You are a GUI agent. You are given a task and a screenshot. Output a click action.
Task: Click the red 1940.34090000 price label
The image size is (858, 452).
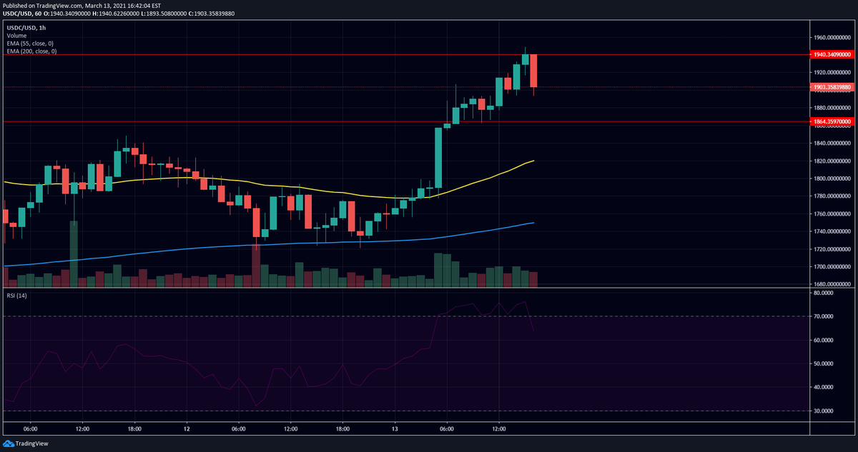coord(832,55)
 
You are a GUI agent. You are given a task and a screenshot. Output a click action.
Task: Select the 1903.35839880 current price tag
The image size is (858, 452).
coord(832,87)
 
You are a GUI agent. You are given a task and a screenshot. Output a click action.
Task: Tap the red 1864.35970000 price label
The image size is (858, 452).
coord(832,121)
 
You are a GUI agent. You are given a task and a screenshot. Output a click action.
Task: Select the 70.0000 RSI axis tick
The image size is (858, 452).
coord(831,316)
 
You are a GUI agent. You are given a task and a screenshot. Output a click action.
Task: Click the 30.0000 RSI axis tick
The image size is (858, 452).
coord(831,411)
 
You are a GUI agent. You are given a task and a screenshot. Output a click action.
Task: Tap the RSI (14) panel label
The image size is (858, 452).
coord(17,296)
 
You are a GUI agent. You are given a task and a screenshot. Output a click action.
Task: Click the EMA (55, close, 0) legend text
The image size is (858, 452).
coord(30,44)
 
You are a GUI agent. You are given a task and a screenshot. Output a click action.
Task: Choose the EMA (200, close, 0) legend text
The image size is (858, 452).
coord(31,51)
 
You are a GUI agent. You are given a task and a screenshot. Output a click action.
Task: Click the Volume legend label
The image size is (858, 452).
coord(16,36)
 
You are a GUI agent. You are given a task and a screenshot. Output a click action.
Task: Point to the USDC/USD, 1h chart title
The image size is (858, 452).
coord(26,28)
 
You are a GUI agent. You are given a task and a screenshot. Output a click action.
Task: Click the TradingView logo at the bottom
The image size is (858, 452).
coord(26,443)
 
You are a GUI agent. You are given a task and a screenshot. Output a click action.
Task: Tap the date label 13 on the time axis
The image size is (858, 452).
coord(395,429)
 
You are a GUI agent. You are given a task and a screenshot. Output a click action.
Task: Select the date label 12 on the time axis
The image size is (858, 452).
coord(187,429)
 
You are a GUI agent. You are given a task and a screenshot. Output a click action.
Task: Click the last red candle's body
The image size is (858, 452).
coord(533,71)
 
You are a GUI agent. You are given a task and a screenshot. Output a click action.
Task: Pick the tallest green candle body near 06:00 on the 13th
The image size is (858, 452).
coord(438,158)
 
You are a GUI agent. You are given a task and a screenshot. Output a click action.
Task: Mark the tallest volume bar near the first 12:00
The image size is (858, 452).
coord(74,254)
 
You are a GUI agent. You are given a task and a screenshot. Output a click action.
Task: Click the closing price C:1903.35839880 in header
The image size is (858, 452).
coord(212,14)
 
